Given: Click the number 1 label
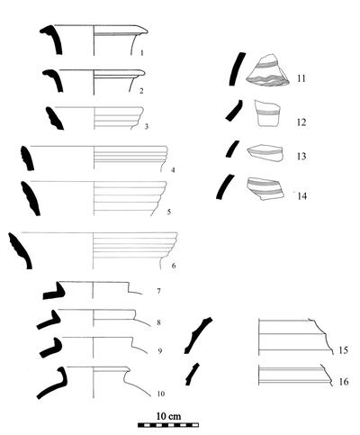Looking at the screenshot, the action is point(142,53).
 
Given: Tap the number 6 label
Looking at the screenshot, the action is point(174,266).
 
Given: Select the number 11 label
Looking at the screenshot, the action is point(301,78).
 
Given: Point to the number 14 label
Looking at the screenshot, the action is point(302,196).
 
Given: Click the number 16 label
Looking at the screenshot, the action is point(344,382).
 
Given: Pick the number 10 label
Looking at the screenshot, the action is point(161,394).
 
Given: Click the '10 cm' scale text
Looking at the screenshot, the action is point(168,416).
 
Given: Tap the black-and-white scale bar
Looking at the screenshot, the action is point(168,425).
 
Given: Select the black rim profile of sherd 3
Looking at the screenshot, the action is point(54,119).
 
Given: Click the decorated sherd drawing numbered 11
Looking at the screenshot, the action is point(267,71).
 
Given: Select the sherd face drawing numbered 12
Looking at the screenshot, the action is point(267,113).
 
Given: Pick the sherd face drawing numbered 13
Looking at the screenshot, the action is point(265,153).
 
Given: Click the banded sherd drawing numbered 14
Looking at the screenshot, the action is point(265,188).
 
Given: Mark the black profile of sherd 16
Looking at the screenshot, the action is point(191,375).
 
